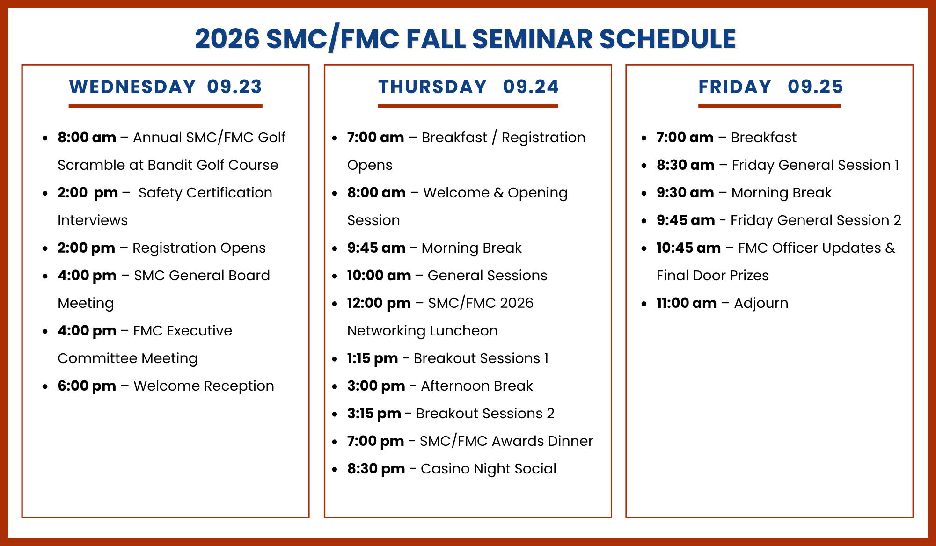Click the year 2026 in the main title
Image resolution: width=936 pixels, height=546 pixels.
[x=227, y=39]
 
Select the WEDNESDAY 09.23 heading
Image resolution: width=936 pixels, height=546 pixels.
[x=166, y=87]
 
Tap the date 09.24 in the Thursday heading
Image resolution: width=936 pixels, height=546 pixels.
[x=531, y=87]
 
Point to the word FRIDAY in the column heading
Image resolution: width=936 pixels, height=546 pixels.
[x=735, y=87]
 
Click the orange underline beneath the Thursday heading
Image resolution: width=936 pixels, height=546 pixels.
[x=468, y=106]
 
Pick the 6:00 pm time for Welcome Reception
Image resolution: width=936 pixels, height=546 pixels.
[x=87, y=386]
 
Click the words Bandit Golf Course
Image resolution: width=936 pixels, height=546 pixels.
[x=213, y=165]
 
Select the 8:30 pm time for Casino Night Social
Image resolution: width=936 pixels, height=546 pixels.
[x=376, y=469]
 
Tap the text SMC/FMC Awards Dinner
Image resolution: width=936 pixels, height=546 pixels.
[x=506, y=441]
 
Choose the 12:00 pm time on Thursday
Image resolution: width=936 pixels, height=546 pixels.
[x=379, y=303]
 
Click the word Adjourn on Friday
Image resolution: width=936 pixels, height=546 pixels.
[x=761, y=304]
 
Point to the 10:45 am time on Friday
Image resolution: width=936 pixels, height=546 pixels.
[x=688, y=248]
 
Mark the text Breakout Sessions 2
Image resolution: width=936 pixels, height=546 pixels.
[x=485, y=414]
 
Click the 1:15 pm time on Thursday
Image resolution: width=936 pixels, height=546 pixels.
[x=373, y=358]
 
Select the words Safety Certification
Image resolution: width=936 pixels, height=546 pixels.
[x=205, y=193]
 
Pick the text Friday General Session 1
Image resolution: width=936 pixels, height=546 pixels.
[x=816, y=165]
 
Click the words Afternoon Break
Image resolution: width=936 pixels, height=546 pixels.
[x=477, y=386]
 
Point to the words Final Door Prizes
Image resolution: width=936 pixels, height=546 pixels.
[x=713, y=276]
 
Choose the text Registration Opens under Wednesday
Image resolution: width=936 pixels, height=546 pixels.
[x=199, y=248]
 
